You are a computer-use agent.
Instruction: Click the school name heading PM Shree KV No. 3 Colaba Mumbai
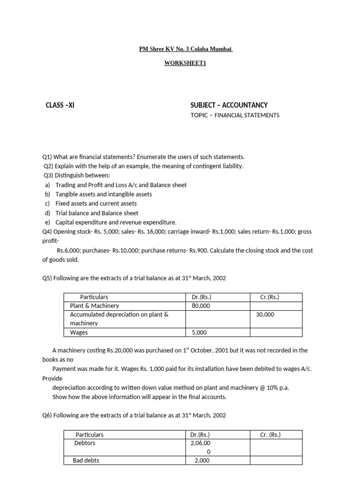point(186,49)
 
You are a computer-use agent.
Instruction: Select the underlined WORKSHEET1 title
point(185,63)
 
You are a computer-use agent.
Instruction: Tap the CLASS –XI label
point(60,105)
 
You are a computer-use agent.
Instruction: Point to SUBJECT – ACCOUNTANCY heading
point(229,105)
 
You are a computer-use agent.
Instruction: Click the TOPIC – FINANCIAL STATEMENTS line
point(234,115)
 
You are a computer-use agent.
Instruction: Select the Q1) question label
point(48,157)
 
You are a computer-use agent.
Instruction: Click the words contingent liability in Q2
point(219,166)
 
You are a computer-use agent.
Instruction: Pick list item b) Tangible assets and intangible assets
point(103,194)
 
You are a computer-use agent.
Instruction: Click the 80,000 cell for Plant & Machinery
point(201,306)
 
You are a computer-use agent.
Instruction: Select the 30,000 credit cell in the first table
point(265,315)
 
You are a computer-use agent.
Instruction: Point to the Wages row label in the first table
point(79,332)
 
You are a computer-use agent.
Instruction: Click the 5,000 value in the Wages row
point(199,332)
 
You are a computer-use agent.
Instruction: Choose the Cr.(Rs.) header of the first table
point(270,297)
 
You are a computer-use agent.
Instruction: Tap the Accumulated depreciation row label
point(119,315)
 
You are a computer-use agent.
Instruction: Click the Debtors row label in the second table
point(84,443)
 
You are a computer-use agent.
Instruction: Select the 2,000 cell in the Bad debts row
point(202,460)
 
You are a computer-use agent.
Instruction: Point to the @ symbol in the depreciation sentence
point(262,388)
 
